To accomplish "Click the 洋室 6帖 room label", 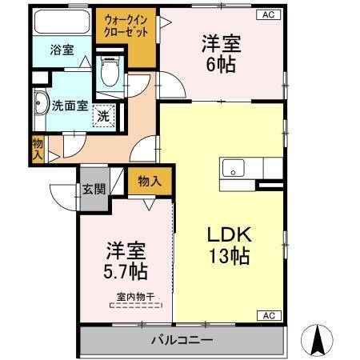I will point(219,55).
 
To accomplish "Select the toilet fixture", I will point(110,73).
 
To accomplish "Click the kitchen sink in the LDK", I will point(234,168).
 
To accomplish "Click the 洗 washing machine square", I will point(103,116).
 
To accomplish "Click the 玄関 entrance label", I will point(93,190).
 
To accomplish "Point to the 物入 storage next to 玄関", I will point(150,182).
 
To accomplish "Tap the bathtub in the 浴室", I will point(62,22).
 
